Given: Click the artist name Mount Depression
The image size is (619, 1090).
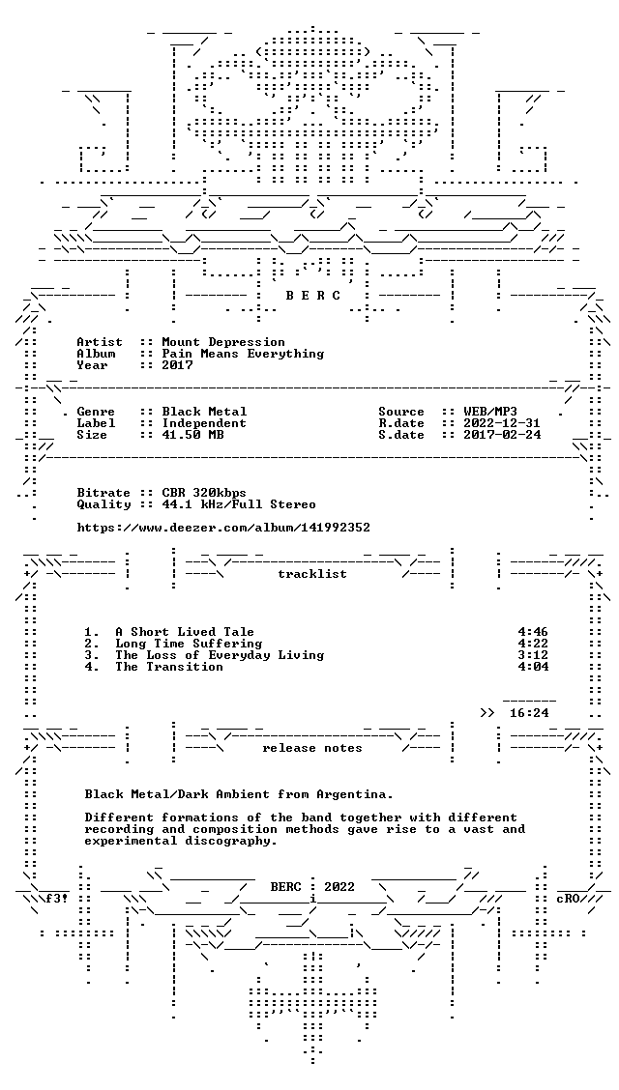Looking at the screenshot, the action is (x=223, y=342).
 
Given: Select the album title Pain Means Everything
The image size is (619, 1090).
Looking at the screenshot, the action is (x=243, y=354).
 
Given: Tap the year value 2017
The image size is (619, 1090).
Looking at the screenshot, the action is (x=177, y=365).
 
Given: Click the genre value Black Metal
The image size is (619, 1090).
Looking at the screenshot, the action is (x=204, y=412).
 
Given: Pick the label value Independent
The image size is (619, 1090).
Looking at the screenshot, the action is (x=204, y=423).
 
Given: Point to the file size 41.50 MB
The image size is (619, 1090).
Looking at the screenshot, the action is (x=192, y=435).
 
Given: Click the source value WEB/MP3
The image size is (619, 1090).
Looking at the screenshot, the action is (x=490, y=412).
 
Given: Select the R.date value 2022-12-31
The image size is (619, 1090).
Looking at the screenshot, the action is (x=501, y=423).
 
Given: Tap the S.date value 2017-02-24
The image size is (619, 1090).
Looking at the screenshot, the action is (x=501, y=435).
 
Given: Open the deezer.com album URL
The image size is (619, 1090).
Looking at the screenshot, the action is (x=223, y=528).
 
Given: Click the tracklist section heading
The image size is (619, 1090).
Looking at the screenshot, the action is (x=312, y=574).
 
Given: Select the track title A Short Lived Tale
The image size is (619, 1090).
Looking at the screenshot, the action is (x=185, y=632).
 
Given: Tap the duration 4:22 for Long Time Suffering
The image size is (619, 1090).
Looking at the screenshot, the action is (x=533, y=644).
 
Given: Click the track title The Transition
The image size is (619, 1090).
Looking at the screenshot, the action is (x=169, y=667).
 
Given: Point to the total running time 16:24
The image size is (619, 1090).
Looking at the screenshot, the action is (x=529, y=713).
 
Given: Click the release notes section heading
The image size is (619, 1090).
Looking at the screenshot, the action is (x=312, y=748).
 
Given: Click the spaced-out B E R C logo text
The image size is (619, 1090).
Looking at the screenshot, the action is (x=313, y=296).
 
